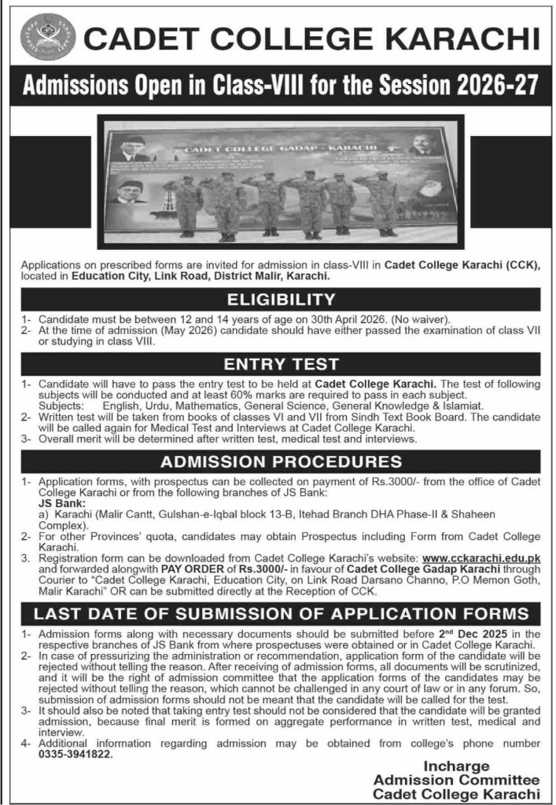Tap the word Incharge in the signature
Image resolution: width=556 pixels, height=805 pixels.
point(457,766)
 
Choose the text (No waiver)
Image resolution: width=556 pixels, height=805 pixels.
point(424,321)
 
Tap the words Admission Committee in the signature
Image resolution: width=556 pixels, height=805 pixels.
point(457,780)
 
